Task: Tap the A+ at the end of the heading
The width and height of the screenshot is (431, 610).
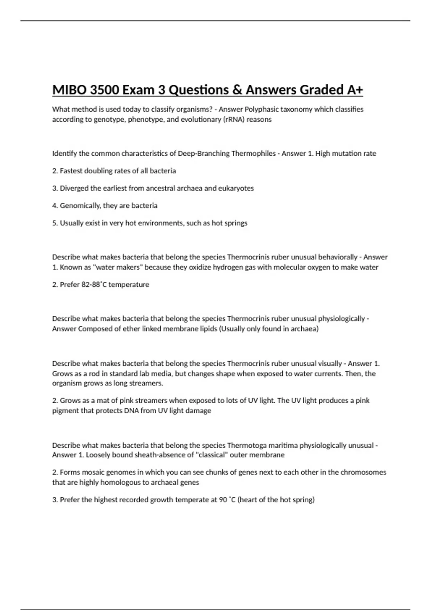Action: pyautogui.click(x=355, y=90)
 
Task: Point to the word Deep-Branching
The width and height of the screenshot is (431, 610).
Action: pyautogui.click(x=204, y=154)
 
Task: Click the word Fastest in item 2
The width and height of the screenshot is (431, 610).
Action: pyautogui.click(x=71, y=171)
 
